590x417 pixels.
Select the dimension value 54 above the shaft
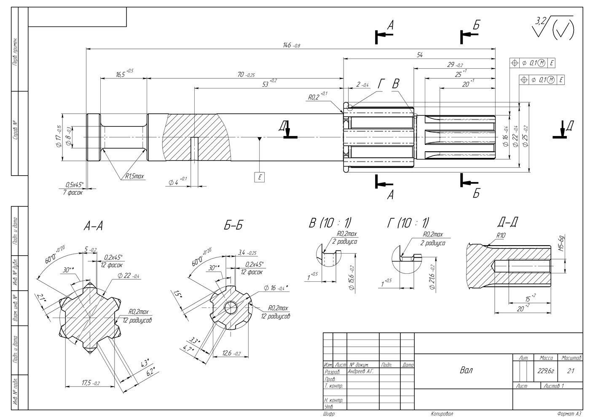point(419,55)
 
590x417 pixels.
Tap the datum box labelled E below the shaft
point(260,177)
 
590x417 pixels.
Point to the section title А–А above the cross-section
point(93,227)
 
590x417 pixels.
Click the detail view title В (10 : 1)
point(330,222)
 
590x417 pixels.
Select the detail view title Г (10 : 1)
point(408,222)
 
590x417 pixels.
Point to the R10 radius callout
point(501,236)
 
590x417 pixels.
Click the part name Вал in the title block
point(466,371)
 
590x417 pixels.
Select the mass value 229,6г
point(546,371)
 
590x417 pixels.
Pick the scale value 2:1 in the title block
point(571,371)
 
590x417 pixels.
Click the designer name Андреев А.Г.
point(361,372)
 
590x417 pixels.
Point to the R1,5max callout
point(134,176)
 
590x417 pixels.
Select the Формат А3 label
point(569,414)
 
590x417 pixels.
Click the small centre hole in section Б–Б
point(231,308)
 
